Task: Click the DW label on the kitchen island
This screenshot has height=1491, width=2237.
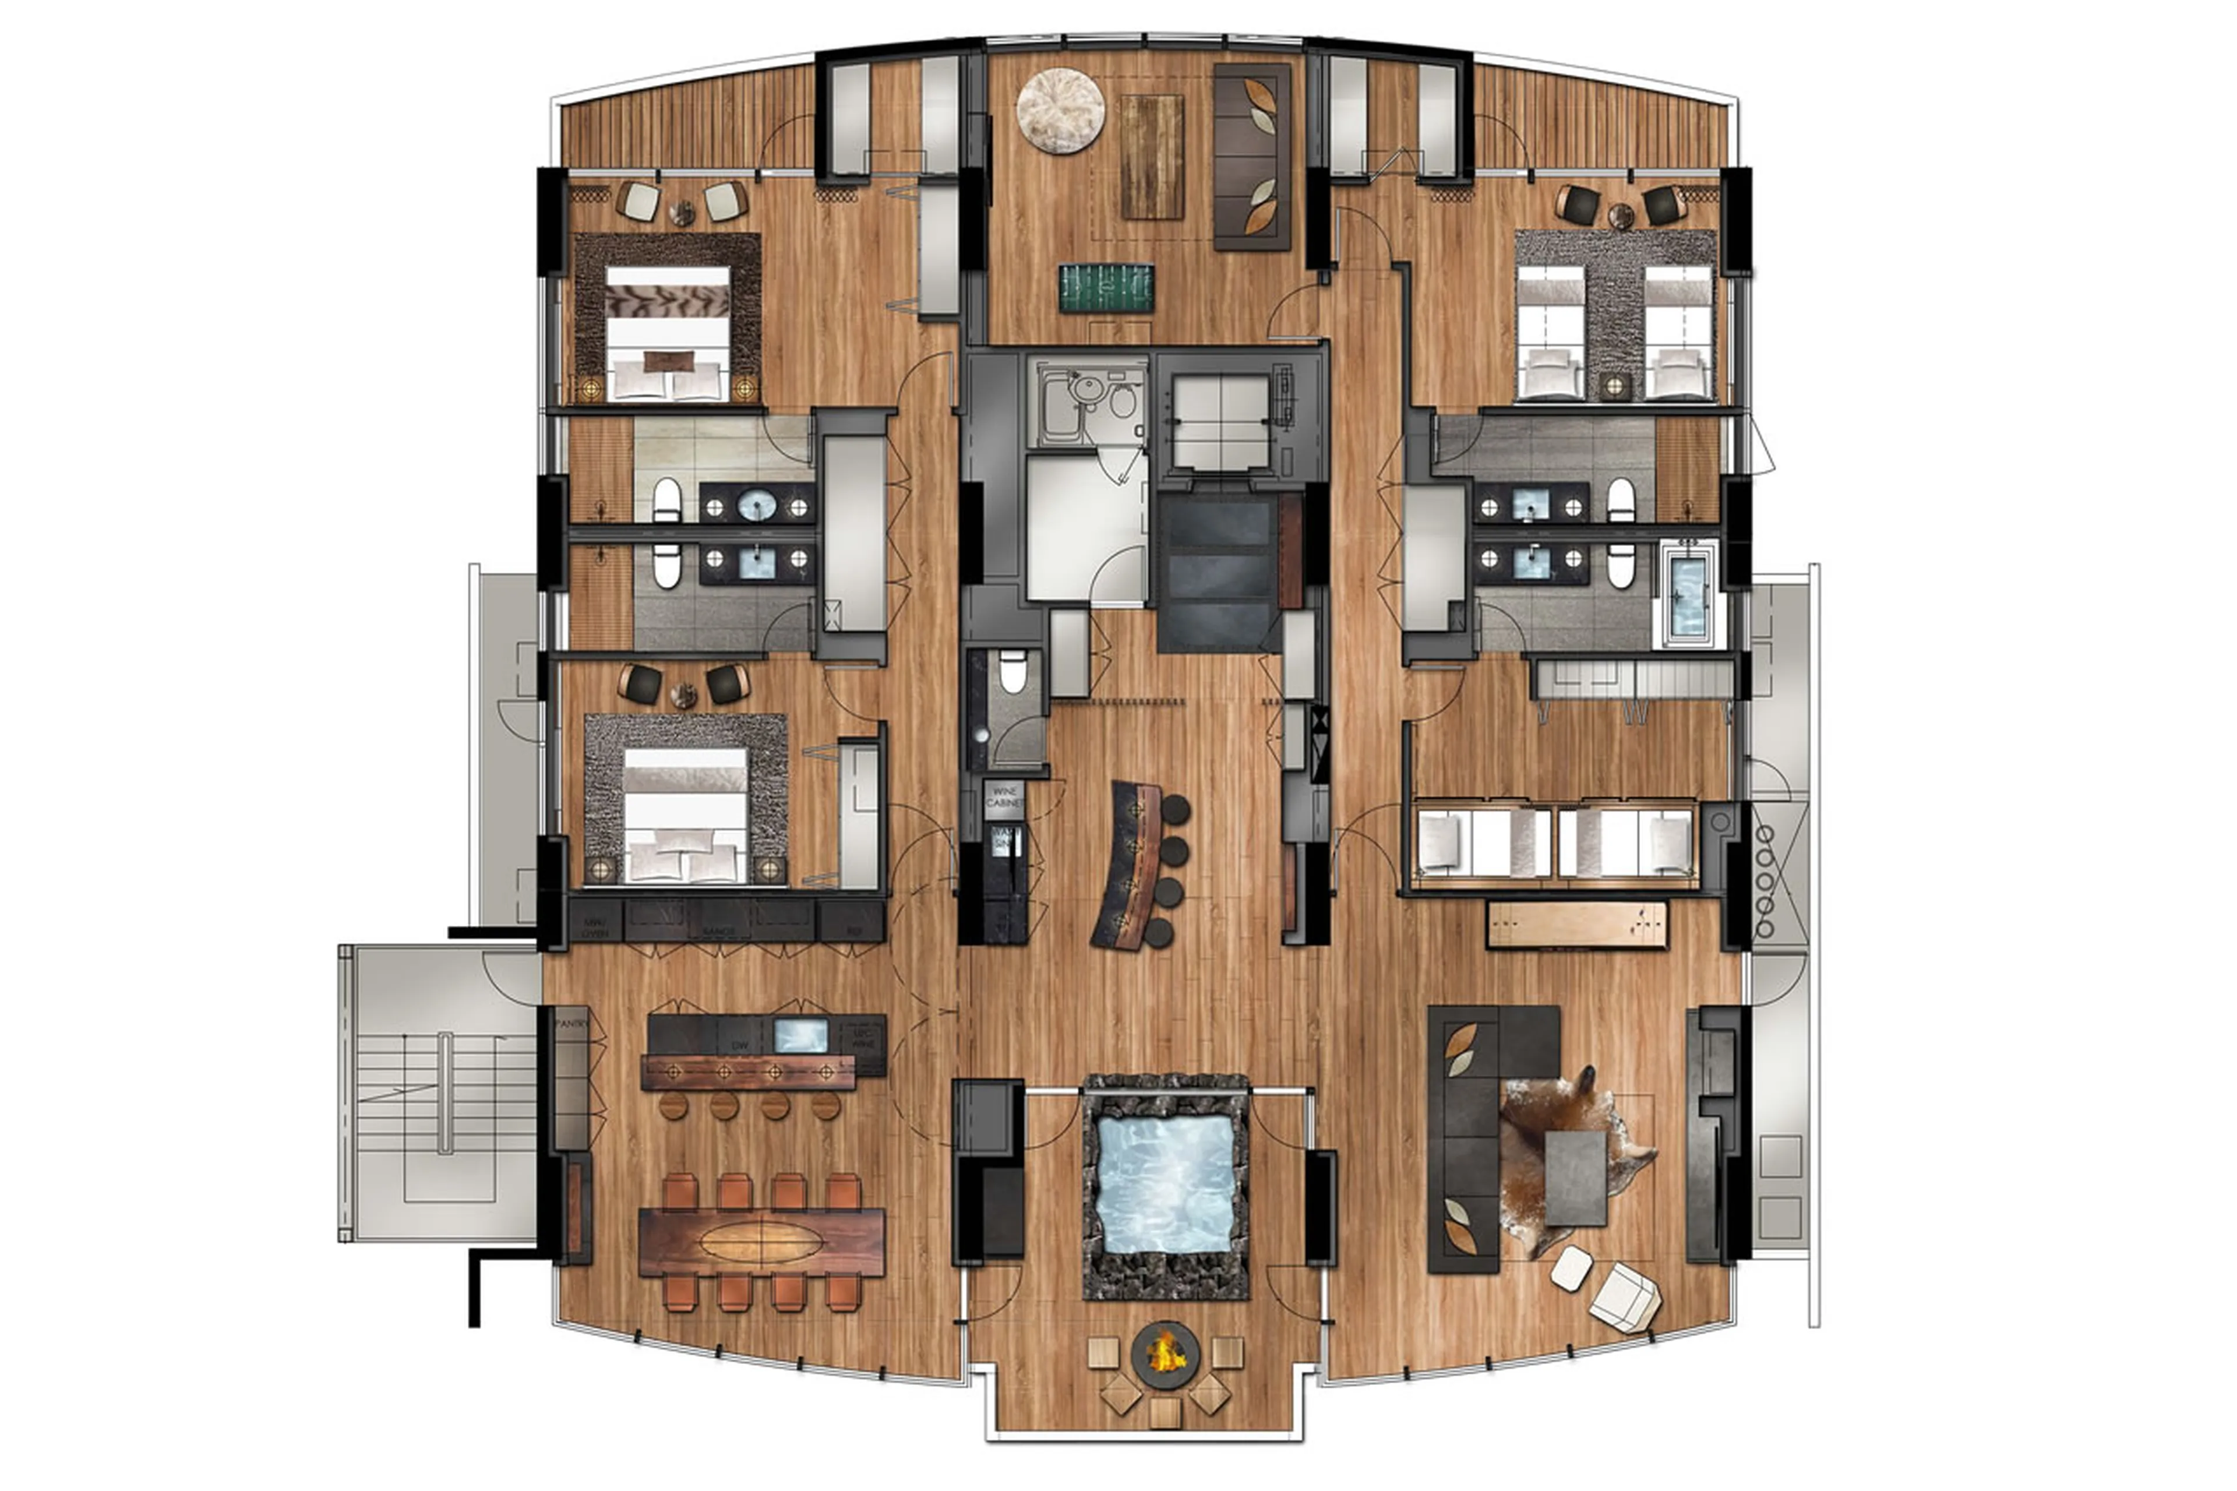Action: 740,1045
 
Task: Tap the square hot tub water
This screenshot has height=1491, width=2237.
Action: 1166,1185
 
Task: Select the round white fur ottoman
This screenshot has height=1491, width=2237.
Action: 1060,110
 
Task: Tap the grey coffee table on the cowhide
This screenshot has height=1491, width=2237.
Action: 1575,1177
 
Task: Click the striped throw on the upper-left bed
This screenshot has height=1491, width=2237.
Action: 668,301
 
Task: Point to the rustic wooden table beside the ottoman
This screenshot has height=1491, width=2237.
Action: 1151,156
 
